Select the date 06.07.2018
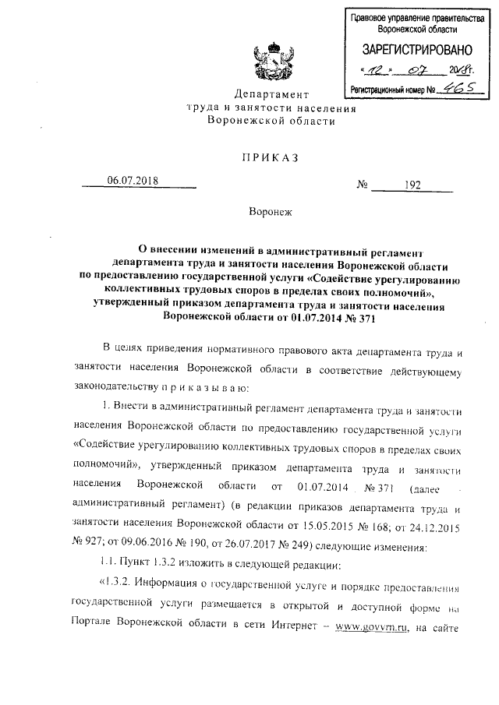pos(133,181)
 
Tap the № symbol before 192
pos(363,185)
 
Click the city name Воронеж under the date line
pos(269,212)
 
